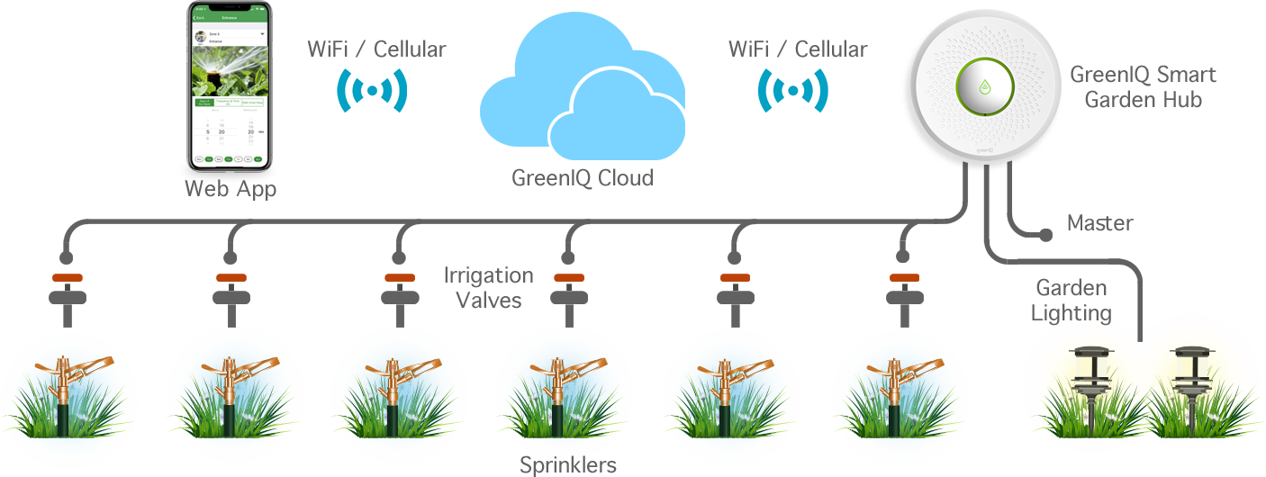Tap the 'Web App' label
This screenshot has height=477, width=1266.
(231, 189)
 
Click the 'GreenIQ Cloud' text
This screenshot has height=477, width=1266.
(582, 178)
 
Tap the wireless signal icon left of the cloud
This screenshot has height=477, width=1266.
(371, 90)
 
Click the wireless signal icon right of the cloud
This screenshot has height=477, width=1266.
(792, 90)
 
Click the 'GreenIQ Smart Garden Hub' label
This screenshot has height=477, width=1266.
(1143, 86)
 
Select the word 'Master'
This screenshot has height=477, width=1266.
(1099, 222)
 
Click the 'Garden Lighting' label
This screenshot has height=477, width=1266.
(1072, 301)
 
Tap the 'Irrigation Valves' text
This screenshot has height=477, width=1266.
(489, 287)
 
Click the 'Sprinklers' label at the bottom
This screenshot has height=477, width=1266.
(568, 465)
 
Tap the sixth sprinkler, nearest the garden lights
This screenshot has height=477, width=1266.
(900, 396)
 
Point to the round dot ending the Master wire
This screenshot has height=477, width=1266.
(1045, 236)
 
